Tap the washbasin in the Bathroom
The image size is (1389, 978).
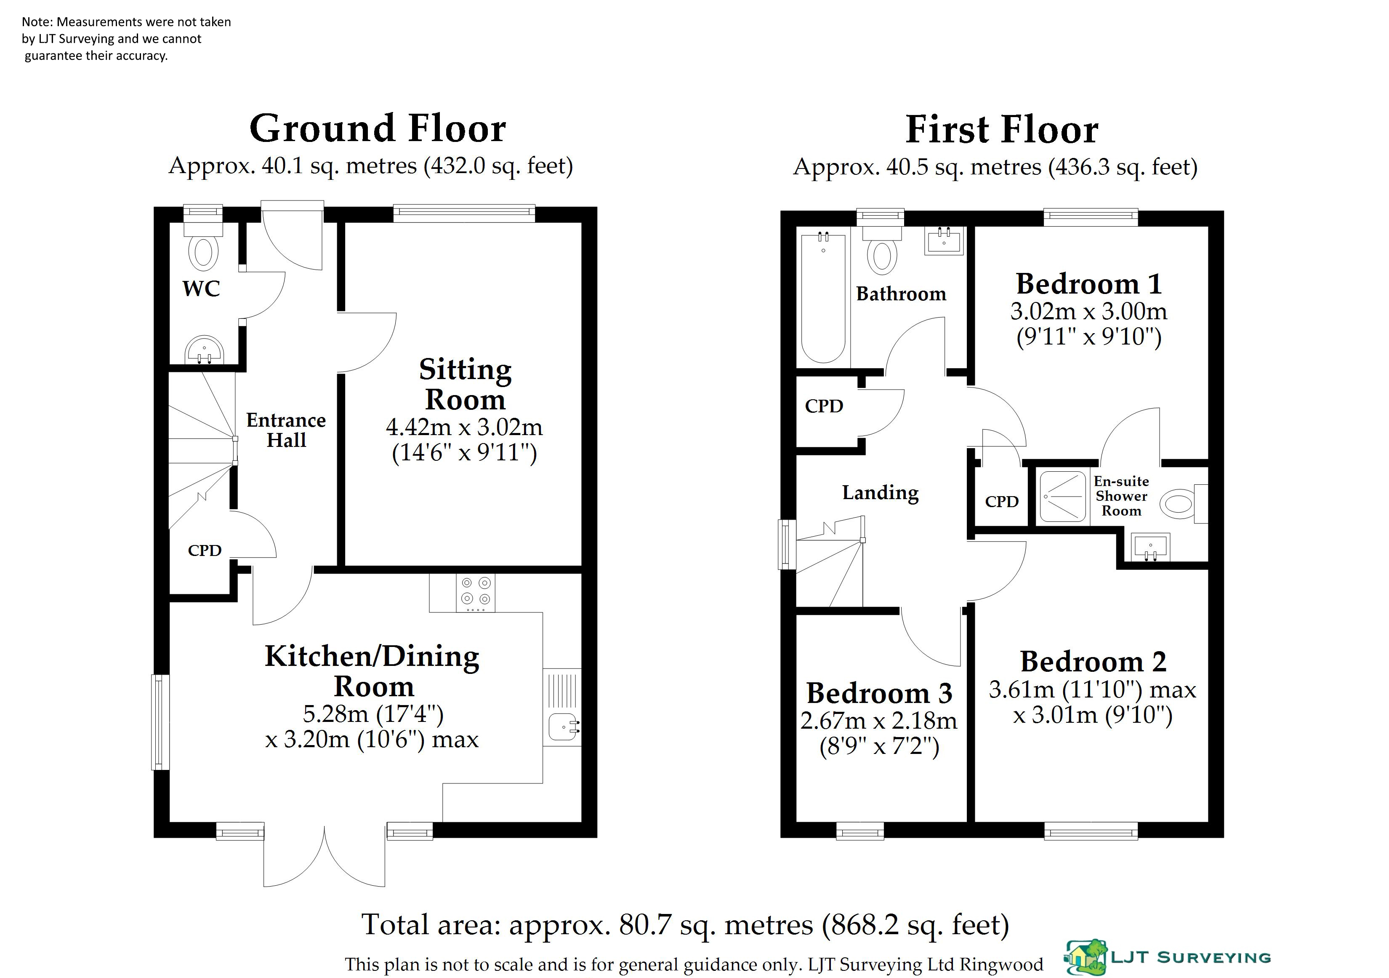944,241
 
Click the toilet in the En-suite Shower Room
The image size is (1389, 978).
1184,503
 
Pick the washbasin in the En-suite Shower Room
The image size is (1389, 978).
1150,547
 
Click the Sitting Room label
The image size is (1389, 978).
465,384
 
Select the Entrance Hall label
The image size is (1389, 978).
286,430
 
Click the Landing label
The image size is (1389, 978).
880,493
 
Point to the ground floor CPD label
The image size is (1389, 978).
205,550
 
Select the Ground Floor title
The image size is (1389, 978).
378,128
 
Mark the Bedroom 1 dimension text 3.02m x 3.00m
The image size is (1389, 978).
1089,312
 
